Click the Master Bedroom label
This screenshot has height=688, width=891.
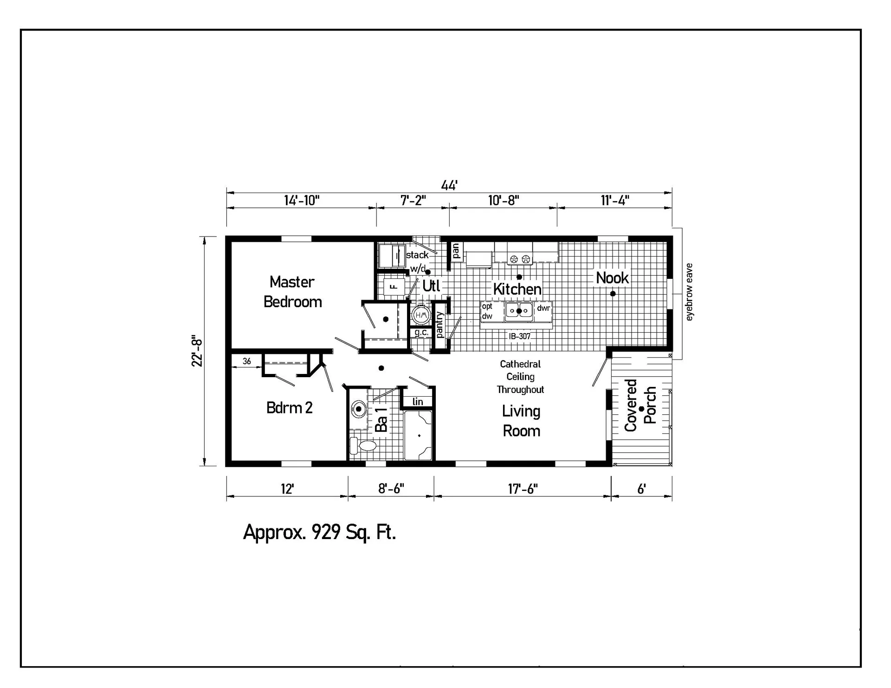tap(292, 292)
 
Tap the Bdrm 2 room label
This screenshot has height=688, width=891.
tap(289, 408)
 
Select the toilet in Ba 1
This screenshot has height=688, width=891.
tap(364, 445)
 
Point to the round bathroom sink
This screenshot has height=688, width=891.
tap(359, 409)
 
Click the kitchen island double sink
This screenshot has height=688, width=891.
tap(519, 311)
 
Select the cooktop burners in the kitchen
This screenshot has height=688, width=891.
tap(520, 259)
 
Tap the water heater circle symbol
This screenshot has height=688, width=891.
tap(420, 315)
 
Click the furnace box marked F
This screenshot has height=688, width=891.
tap(393, 286)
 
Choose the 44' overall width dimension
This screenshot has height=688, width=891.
tap(449, 186)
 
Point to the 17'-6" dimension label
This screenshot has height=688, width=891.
tap(523, 489)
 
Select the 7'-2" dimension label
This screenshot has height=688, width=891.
tap(413, 200)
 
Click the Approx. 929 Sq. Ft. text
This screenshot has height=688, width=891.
tap(320, 532)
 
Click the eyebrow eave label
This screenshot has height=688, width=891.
tap(689, 292)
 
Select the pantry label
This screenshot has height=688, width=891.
tap(439, 325)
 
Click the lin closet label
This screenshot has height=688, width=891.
tap(417, 402)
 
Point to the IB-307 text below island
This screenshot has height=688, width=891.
tap(519, 336)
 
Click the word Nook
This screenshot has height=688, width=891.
tap(612, 278)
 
